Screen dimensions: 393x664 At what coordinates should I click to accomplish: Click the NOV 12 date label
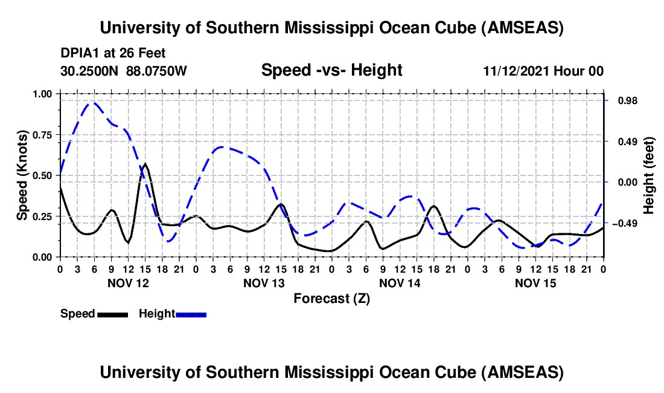127,283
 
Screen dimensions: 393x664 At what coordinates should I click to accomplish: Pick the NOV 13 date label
264,283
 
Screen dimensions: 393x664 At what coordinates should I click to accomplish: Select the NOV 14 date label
400,283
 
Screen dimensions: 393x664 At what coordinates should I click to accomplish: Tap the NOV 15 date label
535,283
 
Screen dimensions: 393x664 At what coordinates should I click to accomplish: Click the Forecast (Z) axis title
331,298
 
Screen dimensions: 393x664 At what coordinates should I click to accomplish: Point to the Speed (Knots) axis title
22,175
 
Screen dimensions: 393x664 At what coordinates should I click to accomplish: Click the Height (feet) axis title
649,175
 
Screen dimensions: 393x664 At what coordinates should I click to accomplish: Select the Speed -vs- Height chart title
331,70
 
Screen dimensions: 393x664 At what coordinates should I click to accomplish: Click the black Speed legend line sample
112,314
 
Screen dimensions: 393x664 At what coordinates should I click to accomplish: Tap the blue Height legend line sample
191,314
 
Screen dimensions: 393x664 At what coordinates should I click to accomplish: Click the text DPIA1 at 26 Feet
113,53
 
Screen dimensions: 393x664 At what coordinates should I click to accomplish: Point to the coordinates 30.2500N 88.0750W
124,71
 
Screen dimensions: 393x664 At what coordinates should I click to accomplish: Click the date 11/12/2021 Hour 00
543,71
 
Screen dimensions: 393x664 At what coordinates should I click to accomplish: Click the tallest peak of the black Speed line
145,163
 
